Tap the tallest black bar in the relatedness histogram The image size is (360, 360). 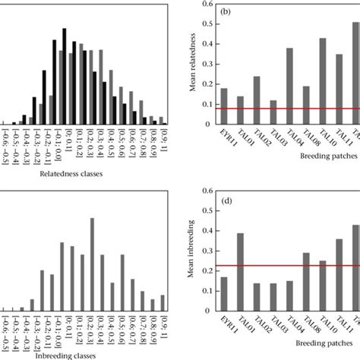tap(64, 78)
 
